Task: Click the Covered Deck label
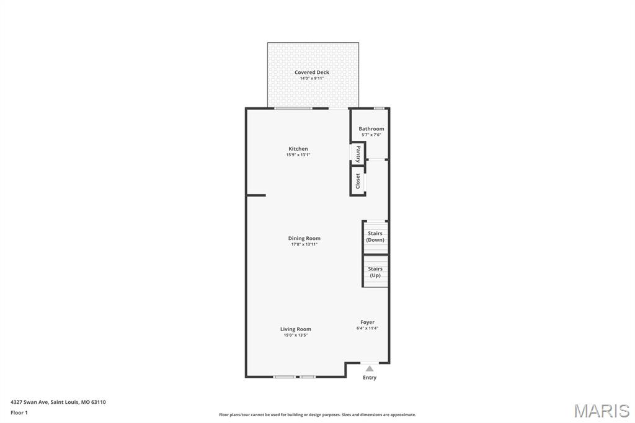tap(312, 72)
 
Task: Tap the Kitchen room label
tap(298, 149)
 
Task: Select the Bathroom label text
tap(371, 128)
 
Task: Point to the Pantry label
tap(358, 153)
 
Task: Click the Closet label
tap(358, 181)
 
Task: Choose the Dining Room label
tap(304, 238)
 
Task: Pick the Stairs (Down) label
tap(375, 236)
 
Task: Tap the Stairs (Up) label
tap(375, 272)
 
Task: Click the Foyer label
tap(368, 322)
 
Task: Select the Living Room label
tap(296, 329)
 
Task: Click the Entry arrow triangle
tap(370, 368)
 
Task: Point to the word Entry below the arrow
tap(370, 378)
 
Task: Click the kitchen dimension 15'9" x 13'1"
tap(298, 155)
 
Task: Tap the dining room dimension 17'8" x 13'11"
tap(304, 244)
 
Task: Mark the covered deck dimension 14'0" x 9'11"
tap(312, 78)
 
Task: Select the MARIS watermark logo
tap(602, 411)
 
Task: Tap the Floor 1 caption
tap(20, 412)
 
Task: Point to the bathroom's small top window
tap(379, 109)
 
